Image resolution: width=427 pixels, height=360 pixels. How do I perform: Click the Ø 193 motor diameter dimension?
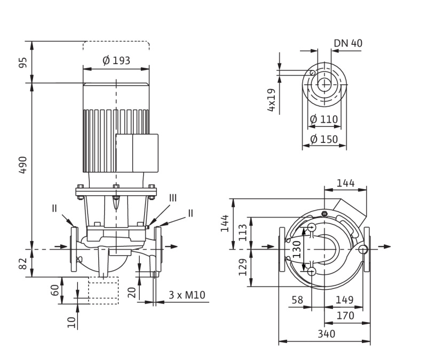[116, 61]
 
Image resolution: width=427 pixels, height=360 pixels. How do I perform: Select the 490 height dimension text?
[23, 165]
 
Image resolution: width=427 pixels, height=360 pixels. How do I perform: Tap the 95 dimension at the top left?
[23, 62]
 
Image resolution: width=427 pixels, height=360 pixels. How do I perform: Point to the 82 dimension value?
[23, 263]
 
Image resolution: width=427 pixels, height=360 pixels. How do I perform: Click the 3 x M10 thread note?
[187, 295]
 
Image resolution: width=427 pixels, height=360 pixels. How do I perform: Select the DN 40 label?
[348, 43]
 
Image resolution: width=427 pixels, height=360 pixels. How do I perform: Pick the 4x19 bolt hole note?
[272, 100]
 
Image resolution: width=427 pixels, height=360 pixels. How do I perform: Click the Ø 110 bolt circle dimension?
[324, 119]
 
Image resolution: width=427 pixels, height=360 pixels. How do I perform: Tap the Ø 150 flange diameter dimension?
[324, 139]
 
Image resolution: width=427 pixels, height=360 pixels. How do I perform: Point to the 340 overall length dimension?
[326, 334]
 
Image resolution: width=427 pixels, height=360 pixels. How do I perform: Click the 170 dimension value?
[345, 316]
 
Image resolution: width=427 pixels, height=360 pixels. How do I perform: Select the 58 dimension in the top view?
[297, 300]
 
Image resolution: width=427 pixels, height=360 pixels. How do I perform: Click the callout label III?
[172, 198]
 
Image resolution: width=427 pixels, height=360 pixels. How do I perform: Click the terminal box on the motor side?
[137, 153]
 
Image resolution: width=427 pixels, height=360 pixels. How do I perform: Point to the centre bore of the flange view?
[324, 84]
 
